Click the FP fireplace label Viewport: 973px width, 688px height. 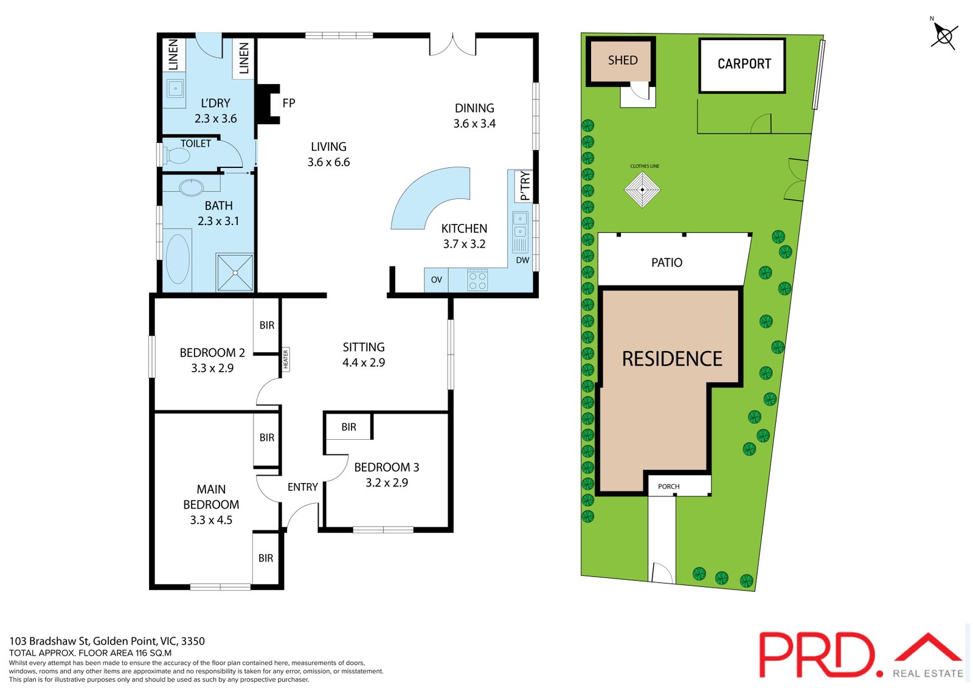click(x=289, y=103)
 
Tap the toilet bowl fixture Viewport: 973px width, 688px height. click(x=177, y=156)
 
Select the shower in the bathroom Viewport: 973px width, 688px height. click(x=235, y=272)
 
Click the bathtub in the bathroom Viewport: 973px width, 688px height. click(x=178, y=259)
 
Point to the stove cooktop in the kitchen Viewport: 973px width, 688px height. click(x=477, y=280)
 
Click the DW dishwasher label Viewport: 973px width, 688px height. click(x=522, y=260)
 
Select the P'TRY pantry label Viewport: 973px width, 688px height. click(x=525, y=186)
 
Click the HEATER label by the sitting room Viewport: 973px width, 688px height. click(x=285, y=359)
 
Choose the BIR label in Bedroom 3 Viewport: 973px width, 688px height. click(x=348, y=427)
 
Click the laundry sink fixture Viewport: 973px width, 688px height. click(x=175, y=89)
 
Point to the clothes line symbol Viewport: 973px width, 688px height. click(x=642, y=189)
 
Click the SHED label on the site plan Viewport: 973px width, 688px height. click(x=623, y=60)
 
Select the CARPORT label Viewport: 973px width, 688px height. click(x=744, y=64)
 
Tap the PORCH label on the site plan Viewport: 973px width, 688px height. click(x=668, y=486)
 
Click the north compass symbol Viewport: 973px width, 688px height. click(x=944, y=36)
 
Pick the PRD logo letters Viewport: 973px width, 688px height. click(x=818, y=655)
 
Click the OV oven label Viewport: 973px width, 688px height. click(x=436, y=280)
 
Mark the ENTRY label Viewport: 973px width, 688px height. click(x=302, y=487)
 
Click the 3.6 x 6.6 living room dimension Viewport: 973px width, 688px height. click(x=328, y=162)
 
